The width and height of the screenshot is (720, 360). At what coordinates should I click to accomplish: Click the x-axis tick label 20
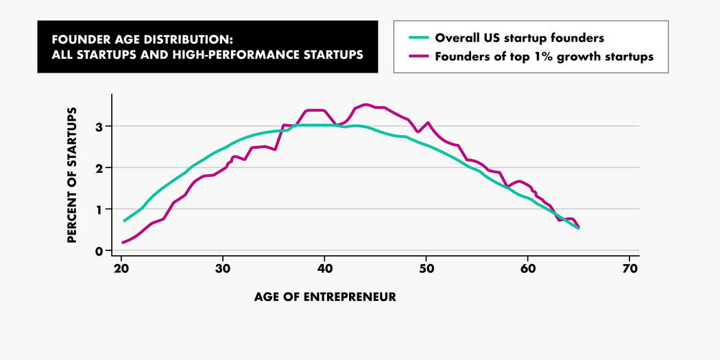[x=121, y=267]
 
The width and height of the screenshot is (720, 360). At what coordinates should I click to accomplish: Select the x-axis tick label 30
[x=223, y=267]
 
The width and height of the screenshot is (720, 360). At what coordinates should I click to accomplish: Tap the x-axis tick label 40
[x=325, y=267]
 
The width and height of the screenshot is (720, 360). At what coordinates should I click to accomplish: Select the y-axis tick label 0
[x=99, y=250]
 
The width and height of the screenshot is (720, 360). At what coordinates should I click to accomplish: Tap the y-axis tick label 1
[x=99, y=209]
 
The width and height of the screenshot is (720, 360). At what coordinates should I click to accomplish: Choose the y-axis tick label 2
[x=99, y=168]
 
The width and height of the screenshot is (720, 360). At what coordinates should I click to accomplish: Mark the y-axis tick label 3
[x=99, y=127]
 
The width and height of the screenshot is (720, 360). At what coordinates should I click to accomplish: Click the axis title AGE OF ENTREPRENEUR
[x=325, y=298]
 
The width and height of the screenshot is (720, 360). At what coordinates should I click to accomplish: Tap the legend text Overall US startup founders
[x=519, y=38]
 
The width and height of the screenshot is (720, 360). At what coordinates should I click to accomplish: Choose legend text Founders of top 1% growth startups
[x=544, y=56]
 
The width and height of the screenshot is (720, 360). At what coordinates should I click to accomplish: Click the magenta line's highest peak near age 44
[x=366, y=104]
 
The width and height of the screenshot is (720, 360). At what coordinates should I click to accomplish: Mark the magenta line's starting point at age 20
[x=123, y=242]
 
